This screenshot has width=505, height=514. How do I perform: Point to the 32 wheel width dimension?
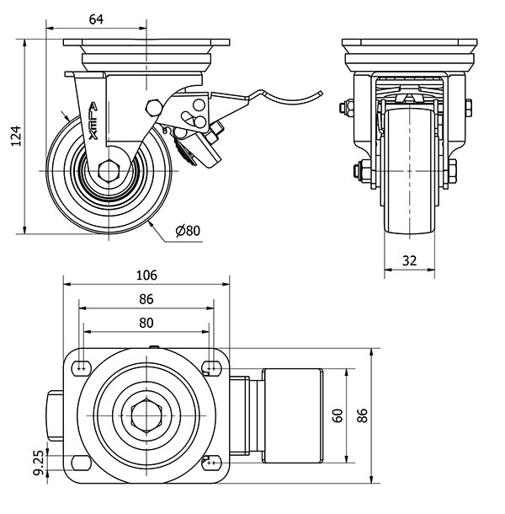tap(410, 260)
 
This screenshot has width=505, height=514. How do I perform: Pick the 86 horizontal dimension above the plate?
tap(146, 299)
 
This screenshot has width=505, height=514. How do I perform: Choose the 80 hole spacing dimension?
tap(146, 322)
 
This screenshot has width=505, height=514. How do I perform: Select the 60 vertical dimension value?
tap(337, 415)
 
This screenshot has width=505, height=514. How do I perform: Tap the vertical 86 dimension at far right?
tap(364, 415)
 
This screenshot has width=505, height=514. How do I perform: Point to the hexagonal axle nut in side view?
tap(107, 171)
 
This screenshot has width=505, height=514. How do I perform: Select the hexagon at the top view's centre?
tap(146, 415)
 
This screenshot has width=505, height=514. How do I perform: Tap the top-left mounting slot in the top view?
tap(82, 367)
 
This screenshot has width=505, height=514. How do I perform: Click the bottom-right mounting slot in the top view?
tap(210, 463)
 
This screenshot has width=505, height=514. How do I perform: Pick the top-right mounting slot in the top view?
tap(210, 367)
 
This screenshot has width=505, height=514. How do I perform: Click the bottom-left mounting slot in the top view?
tap(82, 463)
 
